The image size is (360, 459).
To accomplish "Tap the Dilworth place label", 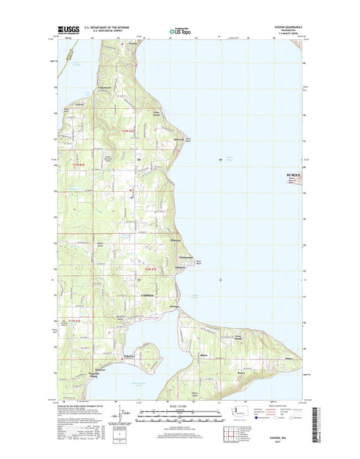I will pyautogui.click(x=160, y=140).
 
